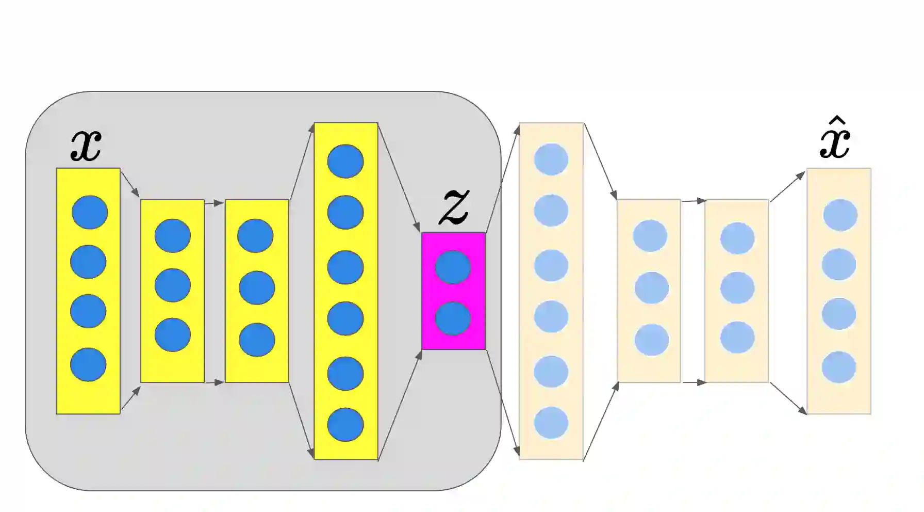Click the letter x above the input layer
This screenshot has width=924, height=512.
[x=86, y=146]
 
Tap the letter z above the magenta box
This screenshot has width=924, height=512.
[x=454, y=207]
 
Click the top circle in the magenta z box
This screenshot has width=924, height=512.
[x=453, y=267]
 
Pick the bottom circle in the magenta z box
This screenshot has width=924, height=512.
[x=453, y=318]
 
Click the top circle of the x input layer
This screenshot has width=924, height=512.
[x=90, y=212]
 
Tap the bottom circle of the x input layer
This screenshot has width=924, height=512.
[x=88, y=365]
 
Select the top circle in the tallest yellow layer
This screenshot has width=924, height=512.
[x=345, y=162]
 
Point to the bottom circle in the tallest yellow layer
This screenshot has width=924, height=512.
[x=345, y=425]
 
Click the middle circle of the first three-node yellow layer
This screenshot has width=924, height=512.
[x=172, y=285]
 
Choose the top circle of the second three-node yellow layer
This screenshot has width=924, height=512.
[x=255, y=236]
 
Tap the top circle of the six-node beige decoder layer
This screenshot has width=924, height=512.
[x=551, y=159]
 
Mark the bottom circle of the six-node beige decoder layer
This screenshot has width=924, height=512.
[x=551, y=423]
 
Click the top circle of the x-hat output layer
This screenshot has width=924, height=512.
[x=840, y=215]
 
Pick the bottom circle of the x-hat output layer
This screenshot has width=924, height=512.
[x=839, y=367]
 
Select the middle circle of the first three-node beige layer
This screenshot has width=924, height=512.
[x=651, y=288]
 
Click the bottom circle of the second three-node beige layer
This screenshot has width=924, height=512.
[x=737, y=338]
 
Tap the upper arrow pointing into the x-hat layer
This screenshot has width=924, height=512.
[x=787, y=186]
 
